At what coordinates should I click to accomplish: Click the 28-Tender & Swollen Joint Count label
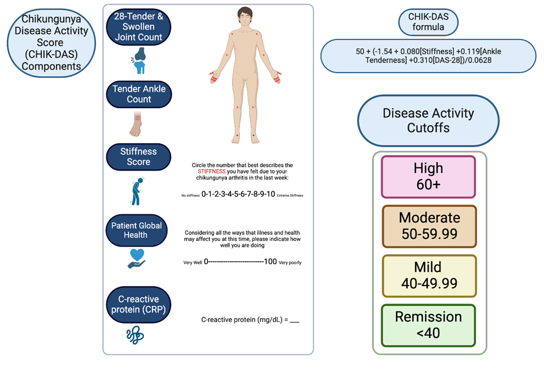click(x=138, y=27)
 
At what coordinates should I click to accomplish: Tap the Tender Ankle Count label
click(x=138, y=94)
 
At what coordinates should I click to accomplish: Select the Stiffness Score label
click(x=138, y=157)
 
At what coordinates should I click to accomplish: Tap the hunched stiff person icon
click(x=136, y=191)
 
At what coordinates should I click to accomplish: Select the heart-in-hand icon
click(x=136, y=258)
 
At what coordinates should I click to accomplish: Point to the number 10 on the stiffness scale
click(x=269, y=195)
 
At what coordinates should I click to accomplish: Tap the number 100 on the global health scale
click(x=270, y=262)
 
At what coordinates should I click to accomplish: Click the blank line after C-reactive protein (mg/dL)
click(x=295, y=320)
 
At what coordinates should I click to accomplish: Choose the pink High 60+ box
click(x=429, y=176)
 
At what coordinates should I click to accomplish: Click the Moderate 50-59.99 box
click(x=429, y=226)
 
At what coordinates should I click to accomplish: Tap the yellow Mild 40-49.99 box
click(x=429, y=276)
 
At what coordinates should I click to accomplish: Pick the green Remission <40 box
click(x=429, y=325)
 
